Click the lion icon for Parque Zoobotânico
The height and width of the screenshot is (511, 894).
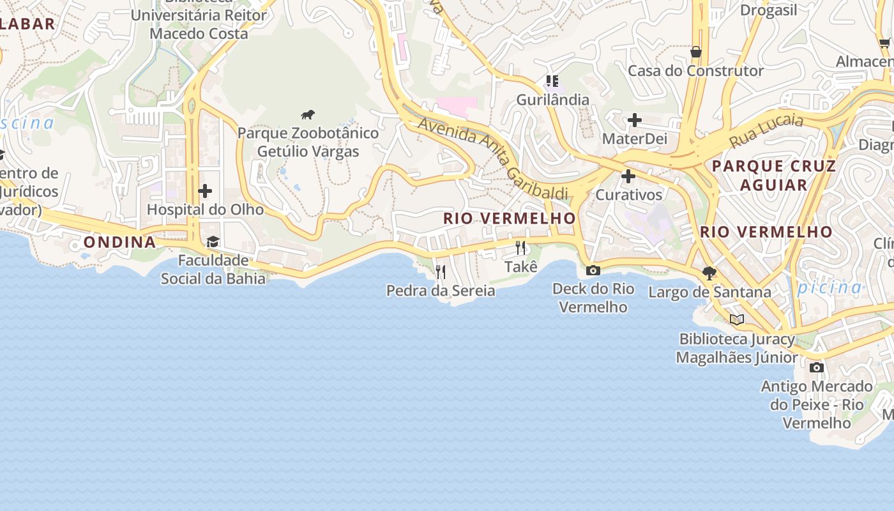pyautogui.click(x=308, y=115)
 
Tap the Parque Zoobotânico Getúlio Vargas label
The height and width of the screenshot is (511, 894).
pyautogui.click(x=308, y=142)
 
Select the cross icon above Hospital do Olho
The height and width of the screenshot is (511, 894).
pyautogui.click(x=205, y=191)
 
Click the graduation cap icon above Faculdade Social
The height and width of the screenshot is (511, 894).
pyautogui.click(x=213, y=241)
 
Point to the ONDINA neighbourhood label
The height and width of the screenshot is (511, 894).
pyautogui.click(x=119, y=242)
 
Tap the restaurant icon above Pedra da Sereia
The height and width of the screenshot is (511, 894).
pyautogui.click(x=440, y=272)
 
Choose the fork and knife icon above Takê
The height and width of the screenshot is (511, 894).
pyautogui.click(x=521, y=248)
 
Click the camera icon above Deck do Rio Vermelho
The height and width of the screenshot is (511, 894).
pyautogui.click(x=593, y=270)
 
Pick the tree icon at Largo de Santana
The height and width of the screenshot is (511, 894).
pyautogui.click(x=709, y=273)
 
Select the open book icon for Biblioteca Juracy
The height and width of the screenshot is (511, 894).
pyautogui.click(x=737, y=319)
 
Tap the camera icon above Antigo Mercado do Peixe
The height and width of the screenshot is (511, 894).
pyautogui.click(x=817, y=367)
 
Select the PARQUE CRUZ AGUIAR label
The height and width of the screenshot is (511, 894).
pyautogui.click(x=774, y=176)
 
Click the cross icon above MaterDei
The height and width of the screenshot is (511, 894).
pyautogui.click(x=634, y=120)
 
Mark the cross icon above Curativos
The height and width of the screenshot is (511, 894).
pyautogui.click(x=628, y=176)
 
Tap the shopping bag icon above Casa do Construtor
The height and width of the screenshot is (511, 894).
pyautogui.click(x=695, y=52)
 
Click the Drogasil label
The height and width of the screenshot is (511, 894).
pyautogui.click(x=769, y=10)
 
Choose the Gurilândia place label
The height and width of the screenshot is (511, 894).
pyautogui.click(x=552, y=100)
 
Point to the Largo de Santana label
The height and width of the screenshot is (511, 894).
pyautogui.click(x=709, y=293)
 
